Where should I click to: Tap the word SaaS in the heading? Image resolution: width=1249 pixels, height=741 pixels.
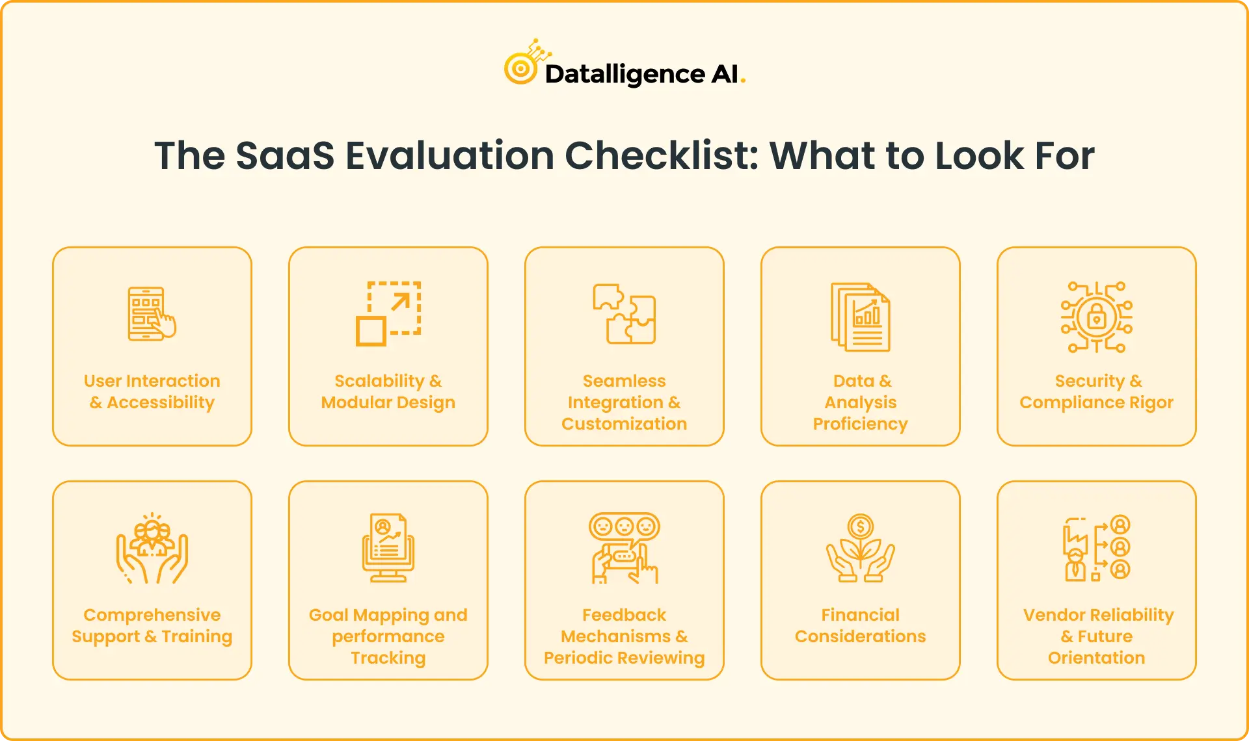(x=284, y=156)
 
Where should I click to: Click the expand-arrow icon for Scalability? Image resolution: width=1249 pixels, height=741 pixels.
(x=388, y=313)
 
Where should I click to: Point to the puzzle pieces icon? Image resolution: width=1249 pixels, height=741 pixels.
(x=624, y=314)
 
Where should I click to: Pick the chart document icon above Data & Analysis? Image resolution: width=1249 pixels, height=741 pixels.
(x=860, y=317)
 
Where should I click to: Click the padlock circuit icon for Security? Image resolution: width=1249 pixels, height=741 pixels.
(x=1097, y=317)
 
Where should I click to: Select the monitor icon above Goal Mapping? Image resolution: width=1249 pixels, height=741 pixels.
(x=388, y=548)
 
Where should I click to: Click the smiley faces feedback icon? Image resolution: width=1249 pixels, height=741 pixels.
(x=624, y=548)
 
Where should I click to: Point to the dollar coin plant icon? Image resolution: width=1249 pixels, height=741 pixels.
(x=860, y=548)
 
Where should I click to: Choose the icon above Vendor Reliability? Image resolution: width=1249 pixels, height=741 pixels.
(x=1097, y=548)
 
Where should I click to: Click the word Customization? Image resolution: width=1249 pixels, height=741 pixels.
(x=624, y=424)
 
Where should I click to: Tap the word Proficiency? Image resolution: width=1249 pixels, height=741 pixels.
(x=860, y=424)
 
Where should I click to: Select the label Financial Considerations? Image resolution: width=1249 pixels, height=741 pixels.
(x=860, y=625)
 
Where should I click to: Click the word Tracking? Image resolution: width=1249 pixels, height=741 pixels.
(x=388, y=658)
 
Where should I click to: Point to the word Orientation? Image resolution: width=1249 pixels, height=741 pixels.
(x=1097, y=658)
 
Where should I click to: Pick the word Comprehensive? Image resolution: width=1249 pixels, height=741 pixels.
(x=152, y=615)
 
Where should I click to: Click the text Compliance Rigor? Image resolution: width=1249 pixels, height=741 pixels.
(x=1097, y=402)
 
